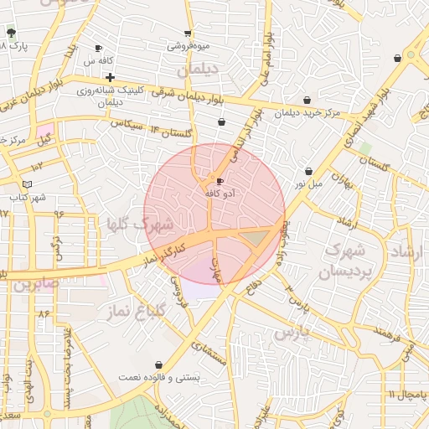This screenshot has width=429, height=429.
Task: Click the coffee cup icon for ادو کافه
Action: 220,181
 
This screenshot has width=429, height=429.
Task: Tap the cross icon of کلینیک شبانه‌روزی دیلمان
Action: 110,77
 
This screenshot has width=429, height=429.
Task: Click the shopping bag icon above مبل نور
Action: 308,171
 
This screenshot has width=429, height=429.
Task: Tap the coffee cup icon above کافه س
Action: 99,49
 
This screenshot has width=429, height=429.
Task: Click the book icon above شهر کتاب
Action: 28,183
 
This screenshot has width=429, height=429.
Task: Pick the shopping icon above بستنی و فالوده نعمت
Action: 159,364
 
